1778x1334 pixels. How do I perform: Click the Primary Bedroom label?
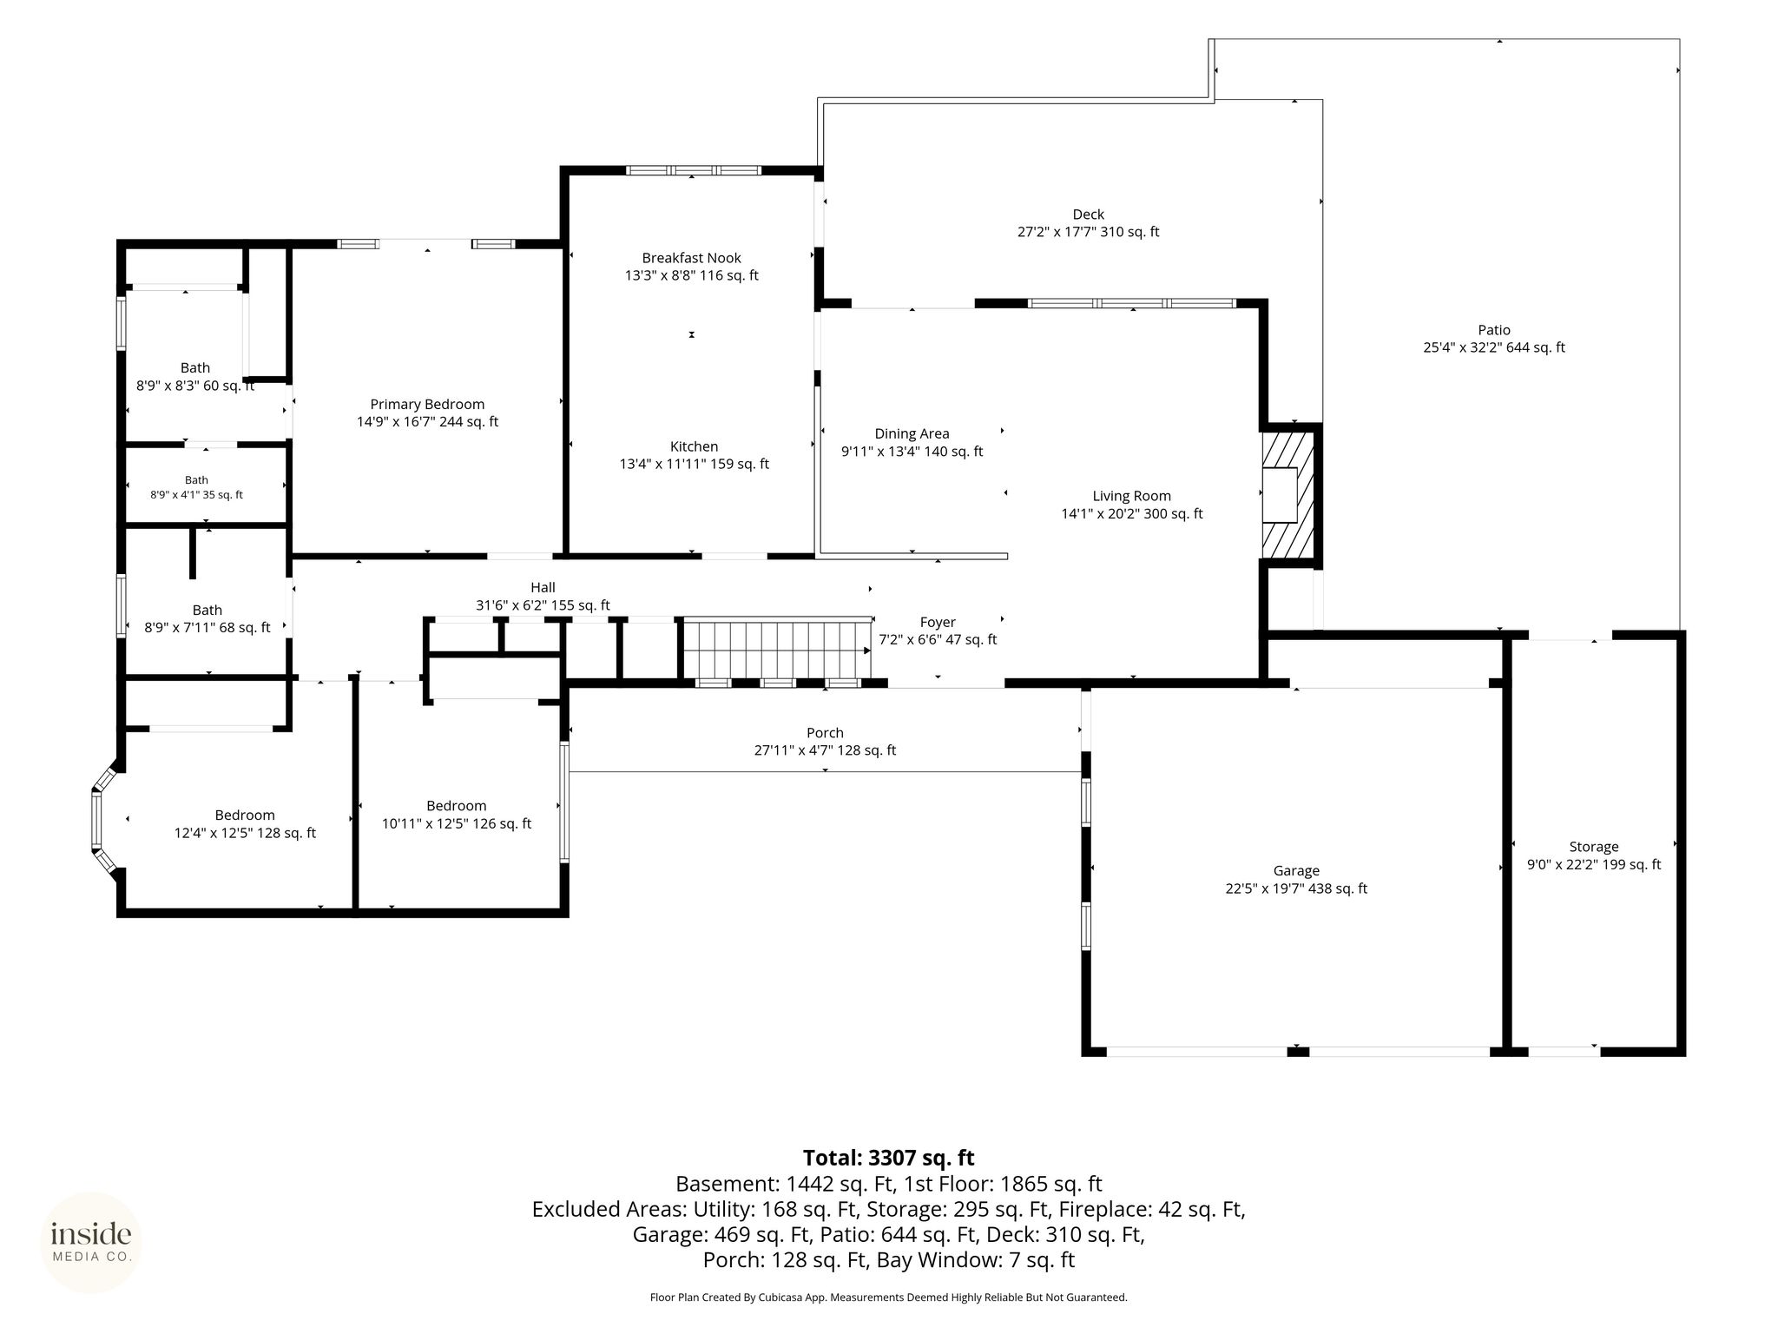coord(427,404)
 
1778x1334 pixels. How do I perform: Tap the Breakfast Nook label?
coord(692,258)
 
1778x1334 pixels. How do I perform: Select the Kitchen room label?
coord(694,446)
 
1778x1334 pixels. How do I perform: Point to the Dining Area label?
coord(912,433)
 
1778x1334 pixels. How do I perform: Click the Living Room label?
coord(1132,496)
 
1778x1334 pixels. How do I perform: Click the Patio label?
coord(1494,330)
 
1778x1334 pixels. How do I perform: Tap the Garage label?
coord(1296,871)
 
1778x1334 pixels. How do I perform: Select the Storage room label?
coord(1594,847)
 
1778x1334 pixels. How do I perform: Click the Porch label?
coord(825,733)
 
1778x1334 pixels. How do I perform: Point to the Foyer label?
coord(938,622)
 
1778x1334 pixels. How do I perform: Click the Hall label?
coord(543,588)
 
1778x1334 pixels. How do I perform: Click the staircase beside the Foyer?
coord(777,649)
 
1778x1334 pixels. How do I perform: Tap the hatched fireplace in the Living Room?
coord(1290,495)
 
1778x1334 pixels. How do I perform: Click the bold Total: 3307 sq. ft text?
coord(889,1158)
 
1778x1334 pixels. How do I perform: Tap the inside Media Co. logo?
coord(91,1242)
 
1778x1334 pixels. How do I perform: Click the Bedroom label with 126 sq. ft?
coord(457,815)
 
